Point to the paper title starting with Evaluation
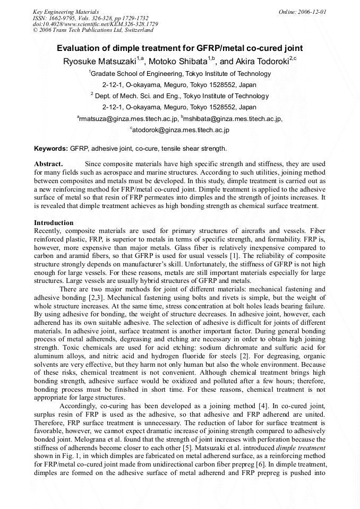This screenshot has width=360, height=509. pyautogui.click(x=180, y=48)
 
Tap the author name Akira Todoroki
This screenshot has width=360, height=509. pyautogui.click(x=262, y=61)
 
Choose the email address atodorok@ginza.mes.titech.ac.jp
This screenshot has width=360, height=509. pyautogui.click(x=180, y=130)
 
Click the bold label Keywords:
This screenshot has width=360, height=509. pyautogui.click(x=51, y=148)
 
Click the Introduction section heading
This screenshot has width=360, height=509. pyautogui.click(x=54, y=223)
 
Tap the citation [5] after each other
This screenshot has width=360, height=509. pyautogui.click(x=188, y=440)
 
